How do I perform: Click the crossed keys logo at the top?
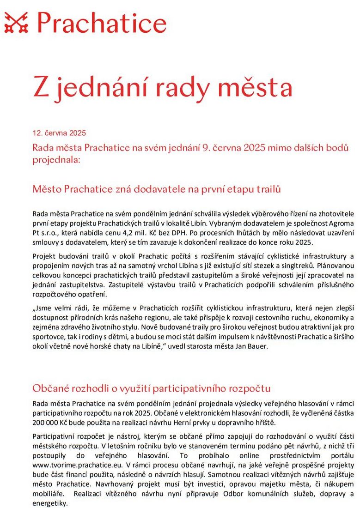16,22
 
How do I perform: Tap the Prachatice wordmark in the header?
102,22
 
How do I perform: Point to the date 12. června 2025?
59,133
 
